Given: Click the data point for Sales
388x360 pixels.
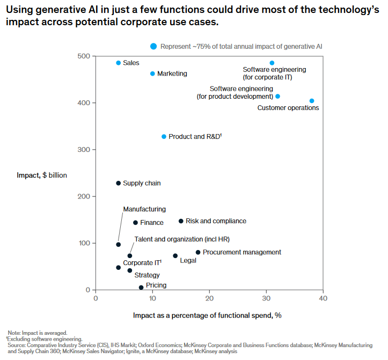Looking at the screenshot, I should click(x=119, y=63).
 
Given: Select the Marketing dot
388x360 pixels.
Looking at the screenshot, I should click(x=152, y=74).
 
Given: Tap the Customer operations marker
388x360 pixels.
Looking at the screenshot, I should click(x=312, y=101).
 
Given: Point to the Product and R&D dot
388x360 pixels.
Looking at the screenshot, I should click(x=164, y=137).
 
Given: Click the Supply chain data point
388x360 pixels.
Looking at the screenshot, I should click(x=119, y=183).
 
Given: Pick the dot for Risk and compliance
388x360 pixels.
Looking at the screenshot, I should click(x=181, y=221).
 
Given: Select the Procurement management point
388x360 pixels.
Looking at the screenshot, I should click(x=198, y=252).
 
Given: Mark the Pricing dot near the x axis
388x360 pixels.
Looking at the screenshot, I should click(x=141, y=288).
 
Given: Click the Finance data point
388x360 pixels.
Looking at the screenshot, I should click(x=135, y=223).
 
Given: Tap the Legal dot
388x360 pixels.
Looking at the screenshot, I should click(x=175, y=256).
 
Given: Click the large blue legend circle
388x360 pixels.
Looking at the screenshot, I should click(x=153, y=47).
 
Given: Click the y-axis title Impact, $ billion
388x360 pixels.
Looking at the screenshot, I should click(x=42, y=175).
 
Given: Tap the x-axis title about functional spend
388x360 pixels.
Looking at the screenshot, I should click(x=207, y=315).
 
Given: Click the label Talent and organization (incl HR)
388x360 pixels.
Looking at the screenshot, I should click(x=181, y=239).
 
